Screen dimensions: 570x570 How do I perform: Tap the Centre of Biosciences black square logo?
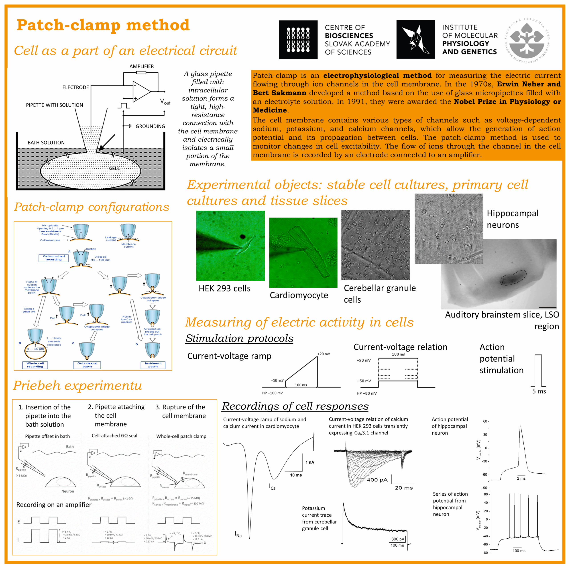point(298,40)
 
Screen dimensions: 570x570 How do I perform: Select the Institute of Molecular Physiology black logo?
point(415,40)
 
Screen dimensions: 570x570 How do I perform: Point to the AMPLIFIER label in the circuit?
point(142,66)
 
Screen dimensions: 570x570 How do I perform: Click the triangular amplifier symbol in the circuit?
point(141,92)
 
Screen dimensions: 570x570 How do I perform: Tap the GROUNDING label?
point(150,126)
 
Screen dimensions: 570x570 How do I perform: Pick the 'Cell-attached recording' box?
point(53,258)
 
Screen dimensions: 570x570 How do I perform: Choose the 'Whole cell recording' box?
point(35,365)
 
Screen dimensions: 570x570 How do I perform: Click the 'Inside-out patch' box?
point(153,365)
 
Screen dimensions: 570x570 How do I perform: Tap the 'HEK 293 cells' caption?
point(224,289)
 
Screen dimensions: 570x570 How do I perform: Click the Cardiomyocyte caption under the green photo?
point(299,295)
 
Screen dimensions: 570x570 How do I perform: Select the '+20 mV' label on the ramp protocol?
point(324,354)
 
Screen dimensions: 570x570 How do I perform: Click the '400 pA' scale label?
point(377,480)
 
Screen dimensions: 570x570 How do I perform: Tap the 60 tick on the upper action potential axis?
point(485,421)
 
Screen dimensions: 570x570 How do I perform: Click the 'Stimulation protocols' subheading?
point(239,338)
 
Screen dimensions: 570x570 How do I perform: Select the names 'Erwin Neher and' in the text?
point(529,84)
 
